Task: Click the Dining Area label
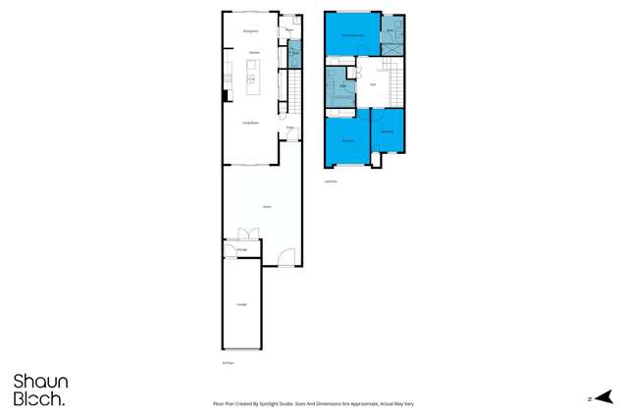[x=250, y=31]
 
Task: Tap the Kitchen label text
[x=253, y=52]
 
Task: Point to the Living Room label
[x=250, y=123]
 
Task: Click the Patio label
[x=266, y=207]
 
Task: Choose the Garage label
[x=241, y=305]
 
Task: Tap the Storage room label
[x=241, y=250]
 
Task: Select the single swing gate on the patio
[x=285, y=259]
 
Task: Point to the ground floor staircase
[x=293, y=93]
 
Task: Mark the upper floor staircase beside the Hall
[x=392, y=78]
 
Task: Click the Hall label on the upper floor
[x=373, y=84]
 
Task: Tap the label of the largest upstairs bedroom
[x=352, y=35]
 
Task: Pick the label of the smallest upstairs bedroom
[x=388, y=131]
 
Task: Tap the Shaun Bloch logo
[x=40, y=390]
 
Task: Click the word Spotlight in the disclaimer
[x=272, y=403]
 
